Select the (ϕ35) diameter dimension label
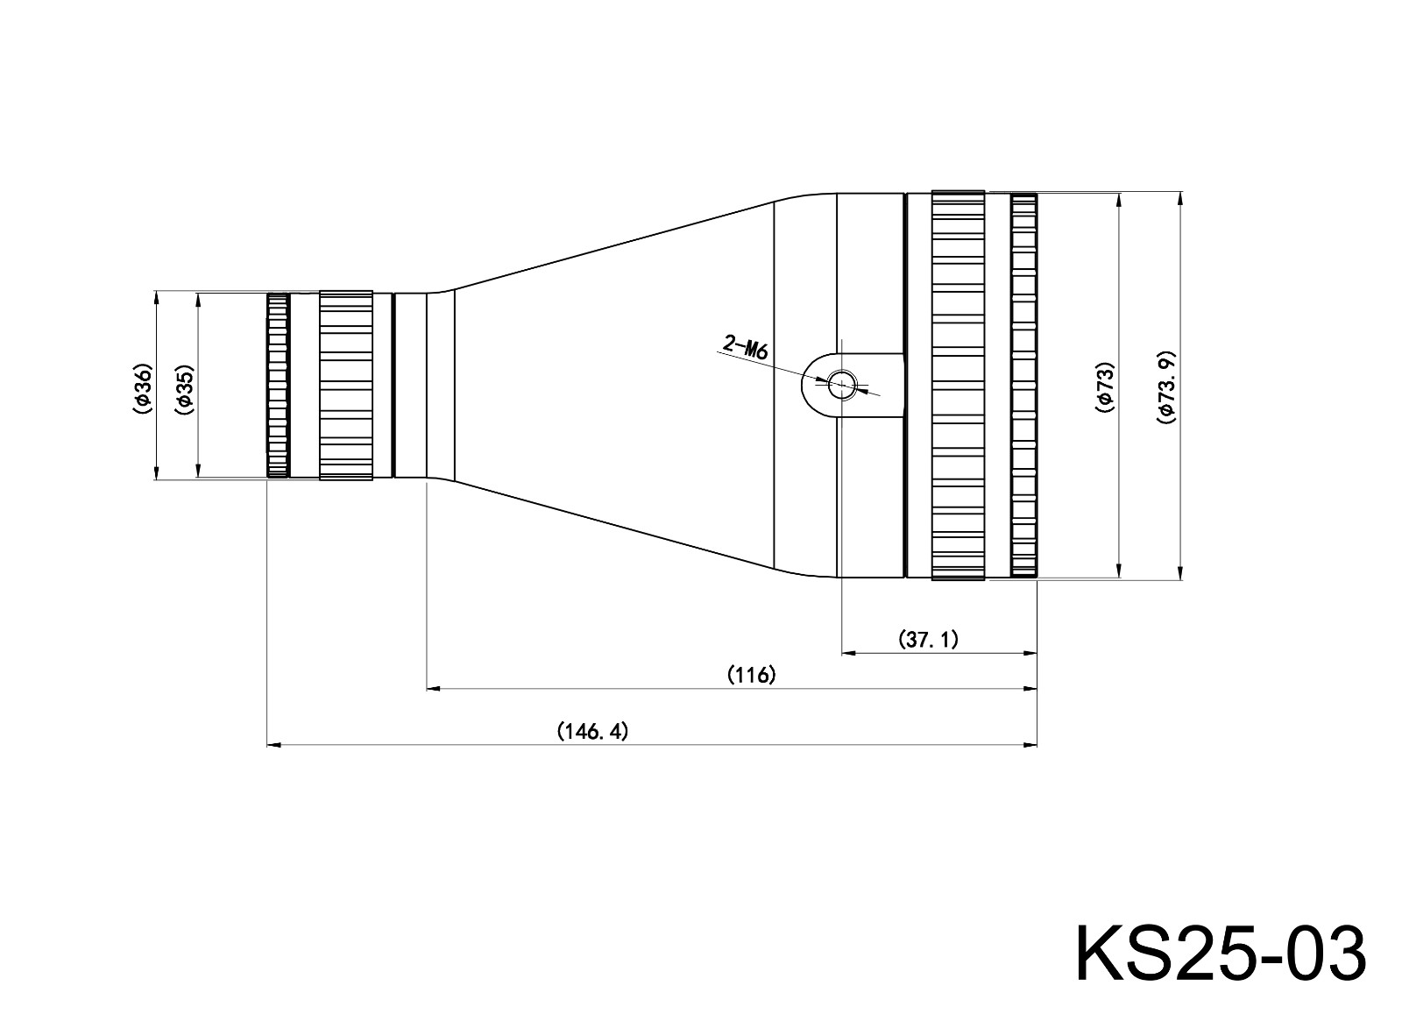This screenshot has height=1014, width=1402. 184,386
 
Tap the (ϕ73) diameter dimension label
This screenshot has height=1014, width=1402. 1106,386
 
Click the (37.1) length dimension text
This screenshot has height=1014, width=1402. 929,639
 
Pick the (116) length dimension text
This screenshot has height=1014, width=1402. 752,675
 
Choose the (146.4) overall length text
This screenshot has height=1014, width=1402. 593,731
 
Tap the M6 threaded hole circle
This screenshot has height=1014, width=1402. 842,383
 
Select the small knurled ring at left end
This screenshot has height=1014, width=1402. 278,386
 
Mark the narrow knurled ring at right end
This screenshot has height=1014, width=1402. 1023,386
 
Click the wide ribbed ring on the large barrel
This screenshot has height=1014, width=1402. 958,386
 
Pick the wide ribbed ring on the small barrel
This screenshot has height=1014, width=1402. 346,386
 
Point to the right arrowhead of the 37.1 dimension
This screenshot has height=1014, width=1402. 1030,653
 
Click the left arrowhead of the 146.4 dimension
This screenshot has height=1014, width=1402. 273,745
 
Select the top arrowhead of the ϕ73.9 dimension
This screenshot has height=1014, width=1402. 1179,198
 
